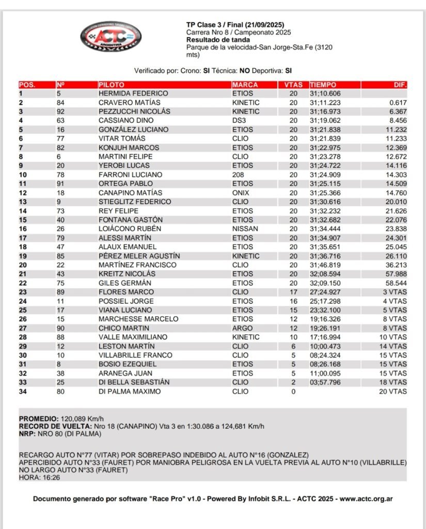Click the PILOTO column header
click(x=111, y=85)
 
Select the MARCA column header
click(x=245, y=85)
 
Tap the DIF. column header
click(x=400, y=85)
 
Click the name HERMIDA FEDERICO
click(x=133, y=94)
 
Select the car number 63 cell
click(x=61, y=120)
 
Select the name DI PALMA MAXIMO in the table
click(x=130, y=391)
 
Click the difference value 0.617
click(x=398, y=103)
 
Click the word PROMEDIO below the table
click(x=38, y=419)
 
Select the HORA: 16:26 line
click(x=39, y=477)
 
